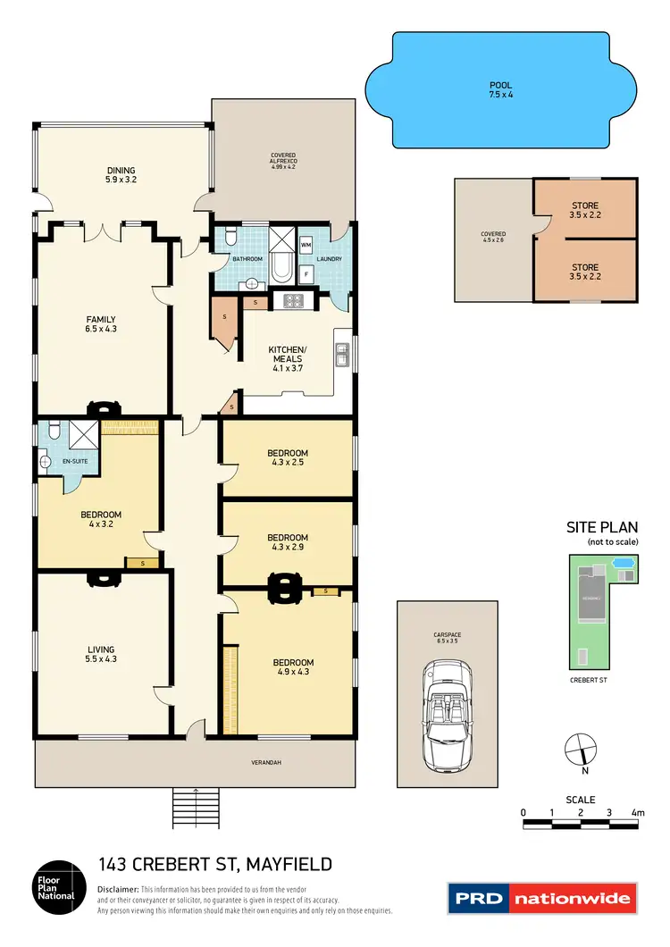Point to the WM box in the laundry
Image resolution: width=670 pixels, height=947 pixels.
[x=306, y=243]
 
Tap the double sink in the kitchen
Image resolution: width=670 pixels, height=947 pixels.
[x=341, y=356]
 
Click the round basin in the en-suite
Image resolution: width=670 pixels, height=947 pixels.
[x=46, y=463]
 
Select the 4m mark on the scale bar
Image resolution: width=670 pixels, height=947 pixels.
[x=637, y=813]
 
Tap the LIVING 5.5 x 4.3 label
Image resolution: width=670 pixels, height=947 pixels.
[x=101, y=655]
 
